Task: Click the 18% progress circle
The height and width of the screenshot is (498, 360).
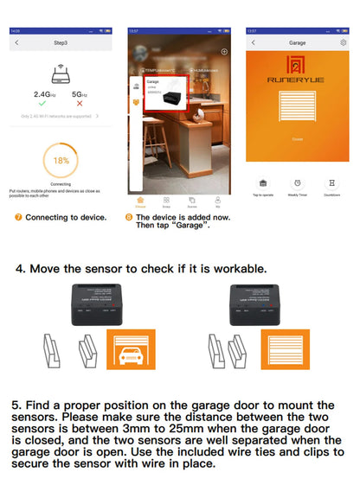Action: [61, 161]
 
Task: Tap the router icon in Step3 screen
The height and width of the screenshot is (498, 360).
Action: [61, 73]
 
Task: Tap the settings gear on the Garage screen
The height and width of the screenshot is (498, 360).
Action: [344, 41]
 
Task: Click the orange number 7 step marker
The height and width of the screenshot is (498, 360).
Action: [18, 217]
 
